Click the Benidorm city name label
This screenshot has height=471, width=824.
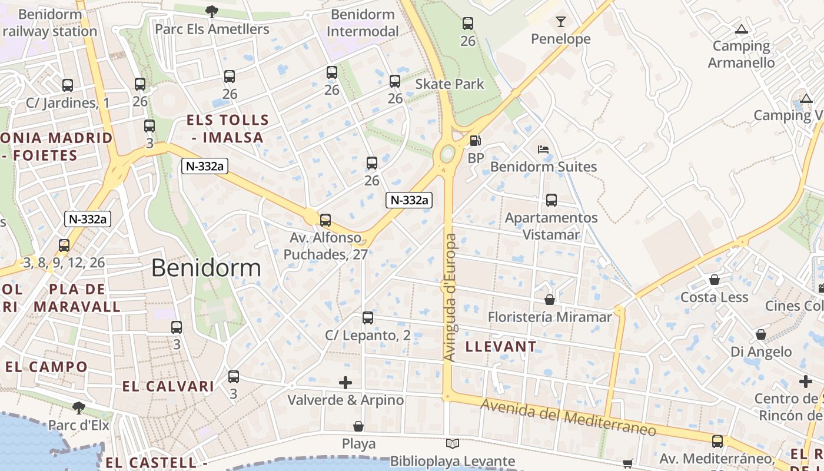tap(206, 268)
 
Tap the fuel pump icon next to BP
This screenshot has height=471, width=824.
tap(474, 141)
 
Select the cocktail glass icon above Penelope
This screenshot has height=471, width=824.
tap(560, 22)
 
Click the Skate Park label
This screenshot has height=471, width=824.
tap(450, 84)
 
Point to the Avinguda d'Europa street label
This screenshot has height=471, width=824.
tap(450, 297)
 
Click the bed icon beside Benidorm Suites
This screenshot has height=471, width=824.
tap(543, 150)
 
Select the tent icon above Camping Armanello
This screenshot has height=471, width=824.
tap(742, 29)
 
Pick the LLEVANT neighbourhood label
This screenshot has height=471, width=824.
tap(501, 347)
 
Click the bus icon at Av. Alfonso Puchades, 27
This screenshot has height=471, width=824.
tap(325, 220)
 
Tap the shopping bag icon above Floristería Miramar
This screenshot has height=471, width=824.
tap(550, 300)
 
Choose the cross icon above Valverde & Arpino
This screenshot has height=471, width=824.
tap(345, 383)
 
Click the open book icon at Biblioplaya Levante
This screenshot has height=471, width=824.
tap(452, 444)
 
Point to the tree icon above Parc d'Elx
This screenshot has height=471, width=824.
tap(78, 407)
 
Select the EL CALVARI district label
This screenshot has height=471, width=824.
tap(168, 387)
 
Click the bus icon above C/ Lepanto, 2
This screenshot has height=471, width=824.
tap(368, 318)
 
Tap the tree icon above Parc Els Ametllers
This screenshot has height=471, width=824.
tap(211, 11)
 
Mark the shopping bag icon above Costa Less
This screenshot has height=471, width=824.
tap(714, 280)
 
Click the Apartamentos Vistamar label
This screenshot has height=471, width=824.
tap(551, 226)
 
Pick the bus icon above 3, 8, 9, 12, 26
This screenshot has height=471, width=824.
tap(64, 246)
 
